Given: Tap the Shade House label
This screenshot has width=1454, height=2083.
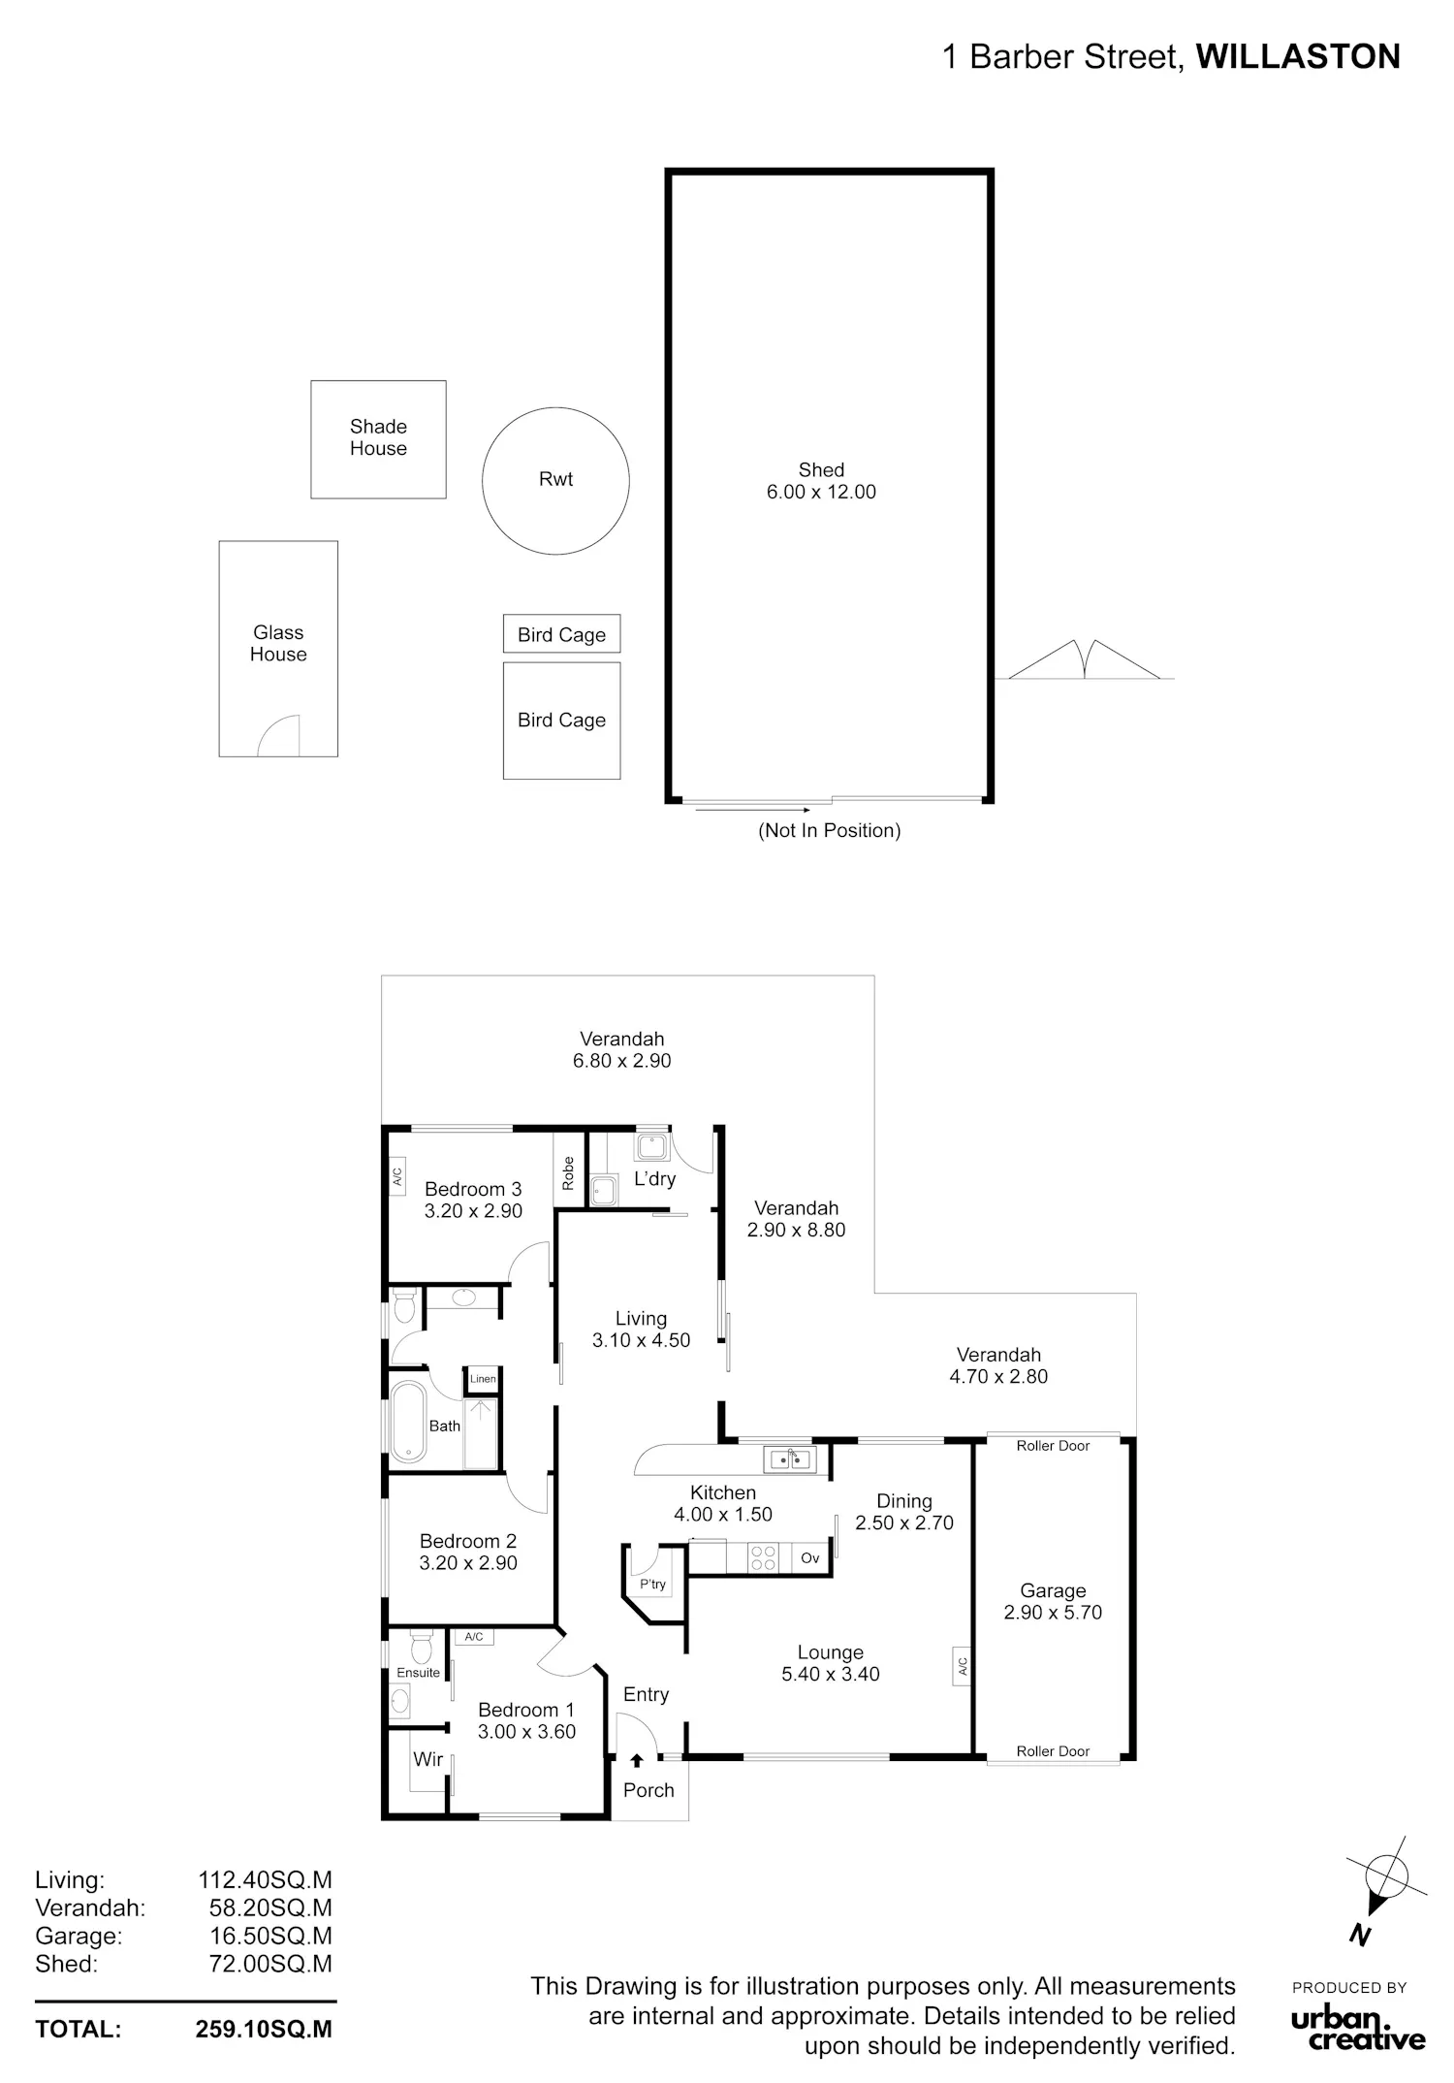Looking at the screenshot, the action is pos(378,437).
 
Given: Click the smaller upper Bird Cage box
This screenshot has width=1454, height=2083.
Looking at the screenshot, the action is pos(561,634).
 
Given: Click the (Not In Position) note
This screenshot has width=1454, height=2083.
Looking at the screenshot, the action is pos(830,830).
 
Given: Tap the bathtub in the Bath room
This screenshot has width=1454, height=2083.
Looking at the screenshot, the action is pos(408,1422).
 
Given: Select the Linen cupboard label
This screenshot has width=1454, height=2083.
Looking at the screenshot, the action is pos(483,1379).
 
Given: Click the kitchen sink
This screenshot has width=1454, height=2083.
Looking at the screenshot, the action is pos(790,1458).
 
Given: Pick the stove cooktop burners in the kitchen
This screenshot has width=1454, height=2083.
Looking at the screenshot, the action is pos(764,1557).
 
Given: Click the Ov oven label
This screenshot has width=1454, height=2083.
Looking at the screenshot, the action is pos(810,1558).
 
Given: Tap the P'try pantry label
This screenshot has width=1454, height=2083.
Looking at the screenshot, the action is pos(652,1585).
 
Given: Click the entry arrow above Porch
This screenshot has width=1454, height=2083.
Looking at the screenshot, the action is pos(637,1760).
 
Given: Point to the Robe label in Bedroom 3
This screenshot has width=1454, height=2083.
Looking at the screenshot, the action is pos(569,1173).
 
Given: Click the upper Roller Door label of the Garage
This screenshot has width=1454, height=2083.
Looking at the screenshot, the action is pos(1054,1446).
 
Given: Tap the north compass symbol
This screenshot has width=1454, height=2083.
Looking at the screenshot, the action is pos(1385,1886).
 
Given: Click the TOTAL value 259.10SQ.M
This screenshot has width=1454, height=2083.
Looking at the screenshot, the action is pos(264,2030).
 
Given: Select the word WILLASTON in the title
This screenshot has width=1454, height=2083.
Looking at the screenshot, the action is pos(1298,57).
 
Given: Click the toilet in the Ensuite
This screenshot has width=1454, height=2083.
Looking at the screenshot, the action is pos(420,1649).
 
